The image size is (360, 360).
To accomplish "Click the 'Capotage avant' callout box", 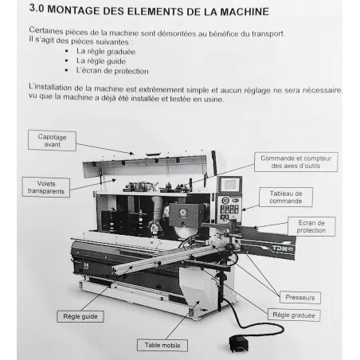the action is [x=52, y=141].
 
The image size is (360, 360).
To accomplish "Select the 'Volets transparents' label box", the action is [x=46, y=187].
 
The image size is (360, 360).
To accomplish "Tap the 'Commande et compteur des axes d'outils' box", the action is [x=296, y=162].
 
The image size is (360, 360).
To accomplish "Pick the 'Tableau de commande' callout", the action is [x=286, y=197].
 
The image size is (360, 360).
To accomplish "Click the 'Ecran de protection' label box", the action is [x=311, y=226].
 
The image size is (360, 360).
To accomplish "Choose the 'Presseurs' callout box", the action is [x=300, y=298].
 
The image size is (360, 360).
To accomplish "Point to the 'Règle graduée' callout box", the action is [x=294, y=315].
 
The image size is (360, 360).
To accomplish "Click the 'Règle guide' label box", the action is [x=80, y=316].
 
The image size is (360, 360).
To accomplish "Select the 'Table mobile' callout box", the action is [x=162, y=346].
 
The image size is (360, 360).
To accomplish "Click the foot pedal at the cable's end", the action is [x=239, y=344].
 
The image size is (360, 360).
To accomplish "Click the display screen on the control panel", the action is [x=230, y=184].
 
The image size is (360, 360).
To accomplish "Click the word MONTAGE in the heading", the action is [x=73, y=10].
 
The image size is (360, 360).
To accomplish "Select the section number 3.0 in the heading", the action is [x=37, y=8].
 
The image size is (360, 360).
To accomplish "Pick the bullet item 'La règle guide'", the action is [x=101, y=61].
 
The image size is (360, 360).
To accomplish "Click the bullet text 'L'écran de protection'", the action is [x=112, y=71].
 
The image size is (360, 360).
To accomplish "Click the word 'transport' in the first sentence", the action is [x=268, y=34].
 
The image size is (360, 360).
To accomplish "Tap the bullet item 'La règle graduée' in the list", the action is [x=106, y=52].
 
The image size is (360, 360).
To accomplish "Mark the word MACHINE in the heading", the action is [x=245, y=12].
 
